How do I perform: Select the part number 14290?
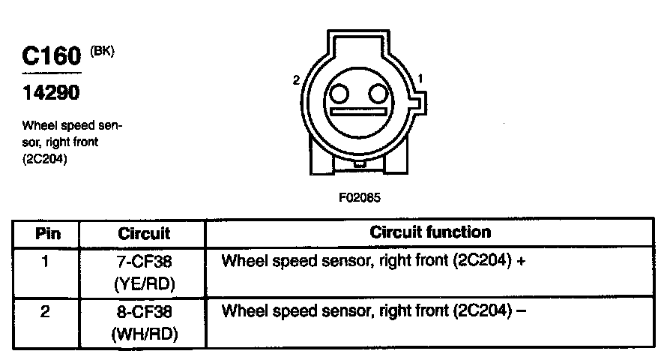click(x=50, y=94)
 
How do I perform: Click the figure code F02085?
click(x=360, y=199)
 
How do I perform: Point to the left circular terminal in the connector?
click(x=339, y=94)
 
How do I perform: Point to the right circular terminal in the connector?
click(x=379, y=94)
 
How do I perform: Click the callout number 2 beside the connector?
click(x=297, y=79)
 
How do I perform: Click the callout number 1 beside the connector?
click(x=420, y=77)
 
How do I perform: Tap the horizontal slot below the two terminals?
click(x=360, y=113)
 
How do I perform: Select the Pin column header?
click(x=48, y=233)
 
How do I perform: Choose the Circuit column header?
click(x=144, y=233)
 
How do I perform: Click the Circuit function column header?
click(x=430, y=232)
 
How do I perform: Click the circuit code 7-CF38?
click(x=145, y=262)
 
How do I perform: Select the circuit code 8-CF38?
click(x=145, y=310)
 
